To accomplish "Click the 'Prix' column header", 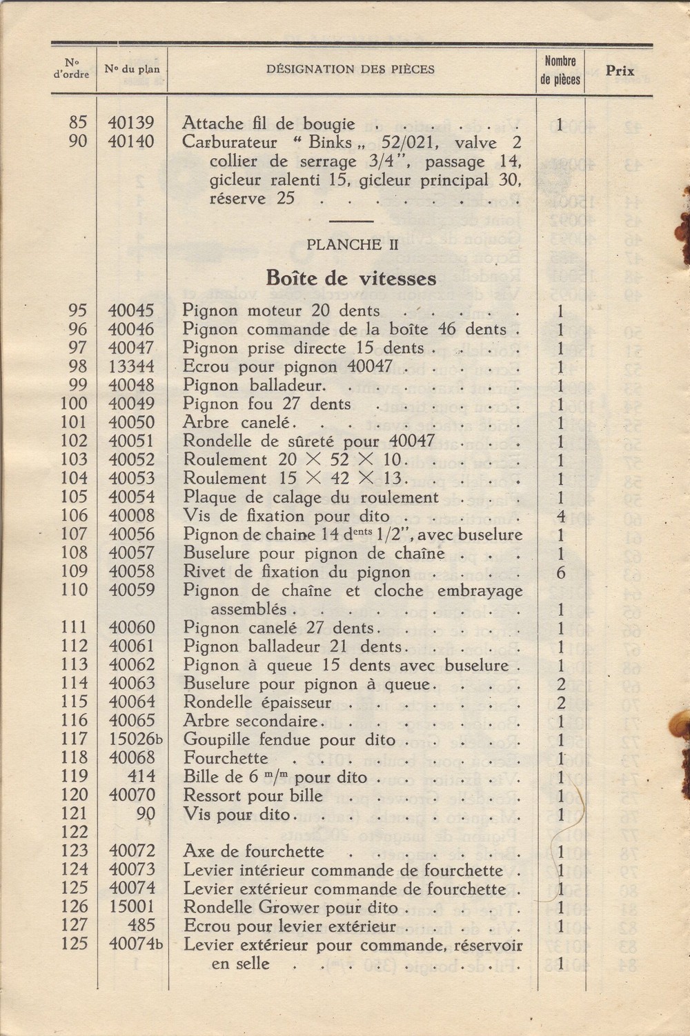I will point(620,71).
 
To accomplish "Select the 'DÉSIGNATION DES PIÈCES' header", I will point(350,69).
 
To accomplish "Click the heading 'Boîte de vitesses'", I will point(351,279).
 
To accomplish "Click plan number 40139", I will point(131,123).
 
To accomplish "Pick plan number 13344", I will point(131,367).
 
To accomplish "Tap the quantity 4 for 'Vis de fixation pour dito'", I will point(561,516).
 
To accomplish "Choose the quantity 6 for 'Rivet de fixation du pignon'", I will point(561,572).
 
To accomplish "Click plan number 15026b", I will point(135,740).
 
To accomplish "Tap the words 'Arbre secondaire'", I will point(250,721).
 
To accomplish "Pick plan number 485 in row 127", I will point(141,926).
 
